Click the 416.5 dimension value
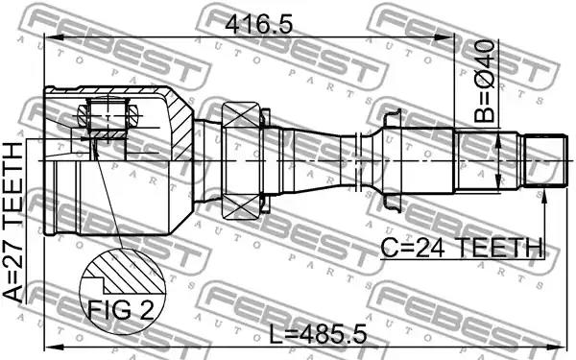click(259, 26)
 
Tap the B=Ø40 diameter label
click(484, 82)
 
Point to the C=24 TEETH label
click(462, 248)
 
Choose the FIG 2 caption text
click(120, 310)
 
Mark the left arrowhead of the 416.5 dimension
click(50, 37)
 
